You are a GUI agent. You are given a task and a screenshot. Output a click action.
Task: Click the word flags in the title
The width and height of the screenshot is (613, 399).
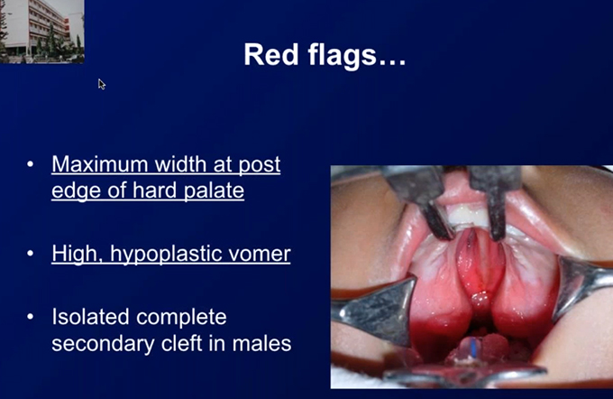click(x=342, y=57)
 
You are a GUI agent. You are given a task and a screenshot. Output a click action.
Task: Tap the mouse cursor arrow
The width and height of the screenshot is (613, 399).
click(x=102, y=84)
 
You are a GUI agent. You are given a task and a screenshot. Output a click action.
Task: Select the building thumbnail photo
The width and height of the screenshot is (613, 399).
click(x=41, y=32)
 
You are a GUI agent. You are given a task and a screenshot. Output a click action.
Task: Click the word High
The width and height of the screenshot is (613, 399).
click(x=78, y=255)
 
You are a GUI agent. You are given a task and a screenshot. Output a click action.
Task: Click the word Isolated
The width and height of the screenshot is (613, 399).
click(x=90, y=316)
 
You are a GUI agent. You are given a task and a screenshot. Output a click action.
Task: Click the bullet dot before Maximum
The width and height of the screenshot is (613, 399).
click(x=31, y=164)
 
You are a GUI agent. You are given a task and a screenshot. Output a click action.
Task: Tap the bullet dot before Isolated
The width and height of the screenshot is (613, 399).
click(x=31, y=317)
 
